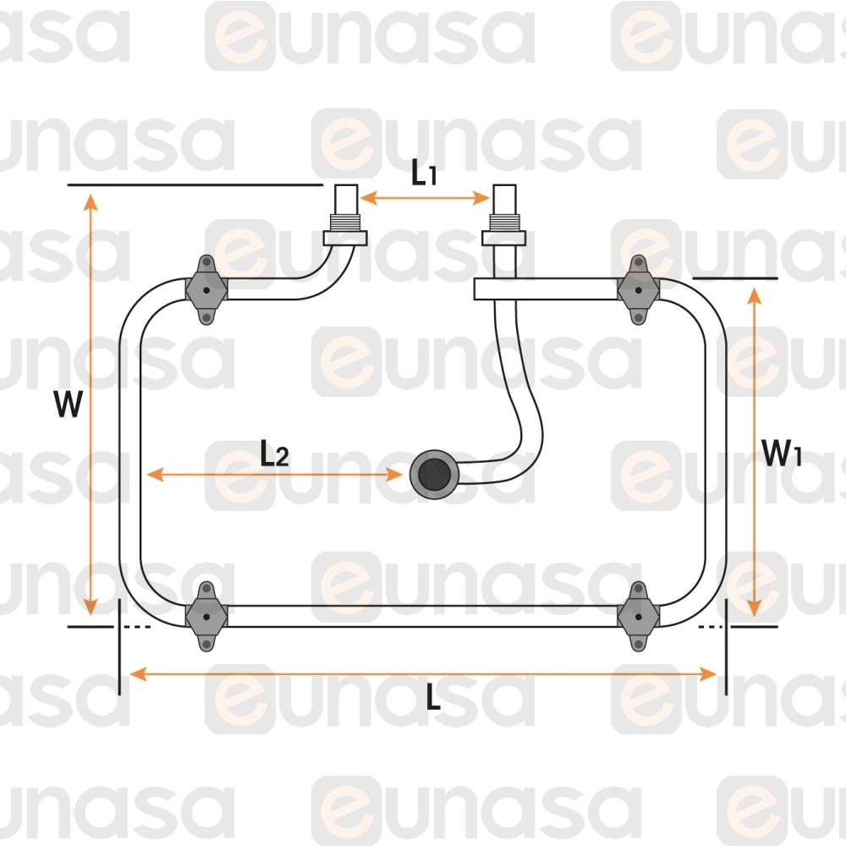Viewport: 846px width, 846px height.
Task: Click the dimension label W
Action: (x=68, y=405)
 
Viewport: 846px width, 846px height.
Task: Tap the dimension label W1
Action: (x=781, y=453)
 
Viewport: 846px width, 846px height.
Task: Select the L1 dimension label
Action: (x=425, y=173)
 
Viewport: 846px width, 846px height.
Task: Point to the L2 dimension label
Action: (x=274, y=455)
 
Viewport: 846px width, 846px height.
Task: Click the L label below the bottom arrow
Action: (x=433, y=699)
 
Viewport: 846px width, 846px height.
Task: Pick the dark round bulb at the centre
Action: (x=433, y=475)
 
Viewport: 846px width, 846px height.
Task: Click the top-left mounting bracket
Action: (x=206, y=289)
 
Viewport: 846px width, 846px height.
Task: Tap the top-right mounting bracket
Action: (x=638, y=289)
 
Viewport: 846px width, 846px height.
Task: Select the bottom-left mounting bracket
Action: (x=206, y=615)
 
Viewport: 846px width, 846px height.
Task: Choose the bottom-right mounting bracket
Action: (x=638, y=615)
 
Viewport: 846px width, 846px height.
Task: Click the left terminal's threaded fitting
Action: (x=346, y=229)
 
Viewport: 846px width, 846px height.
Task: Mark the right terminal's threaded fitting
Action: (x=504, y=229)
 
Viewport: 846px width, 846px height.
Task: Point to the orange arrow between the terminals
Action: (x=425, y=198)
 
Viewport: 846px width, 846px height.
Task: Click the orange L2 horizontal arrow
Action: (x=274, y=475)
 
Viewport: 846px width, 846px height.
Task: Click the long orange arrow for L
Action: (x=423, y=673)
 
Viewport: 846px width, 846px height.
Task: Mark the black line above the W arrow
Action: (x=195, y=184)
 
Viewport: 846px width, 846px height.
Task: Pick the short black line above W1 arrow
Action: (x=734, y=277)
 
